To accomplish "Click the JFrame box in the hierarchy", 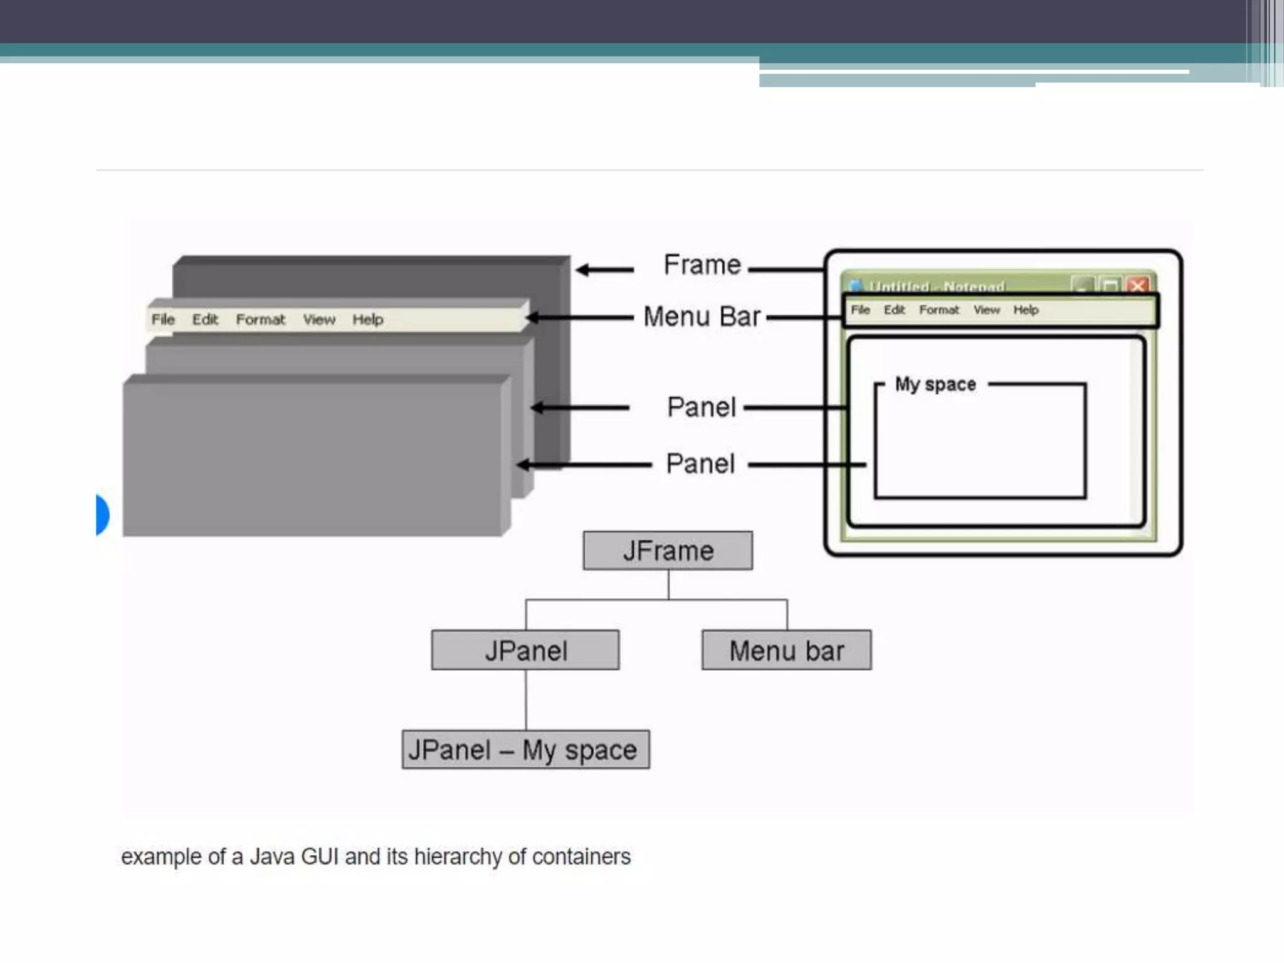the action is coord(668,550).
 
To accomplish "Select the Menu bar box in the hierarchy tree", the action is coord(786,650).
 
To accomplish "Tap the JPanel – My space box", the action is coord(525,749).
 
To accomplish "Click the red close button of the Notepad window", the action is coord(1138,286).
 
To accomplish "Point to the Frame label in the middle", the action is coord(702,265).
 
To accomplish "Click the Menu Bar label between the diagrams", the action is coord(702,317).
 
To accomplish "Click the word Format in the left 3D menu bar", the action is coord(260,320).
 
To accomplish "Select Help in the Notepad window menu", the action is coord(1026,310).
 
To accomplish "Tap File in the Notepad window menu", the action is coord(860,310).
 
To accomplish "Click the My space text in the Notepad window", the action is coord(935,384).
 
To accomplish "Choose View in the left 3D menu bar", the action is coord(319,320).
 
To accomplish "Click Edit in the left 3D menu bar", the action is coord(205,320).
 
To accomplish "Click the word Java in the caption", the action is coord(271,856).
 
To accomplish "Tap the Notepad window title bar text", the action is coord(937,287).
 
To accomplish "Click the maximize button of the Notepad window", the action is coord(1110,286).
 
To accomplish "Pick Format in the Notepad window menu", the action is coord(939,310).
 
